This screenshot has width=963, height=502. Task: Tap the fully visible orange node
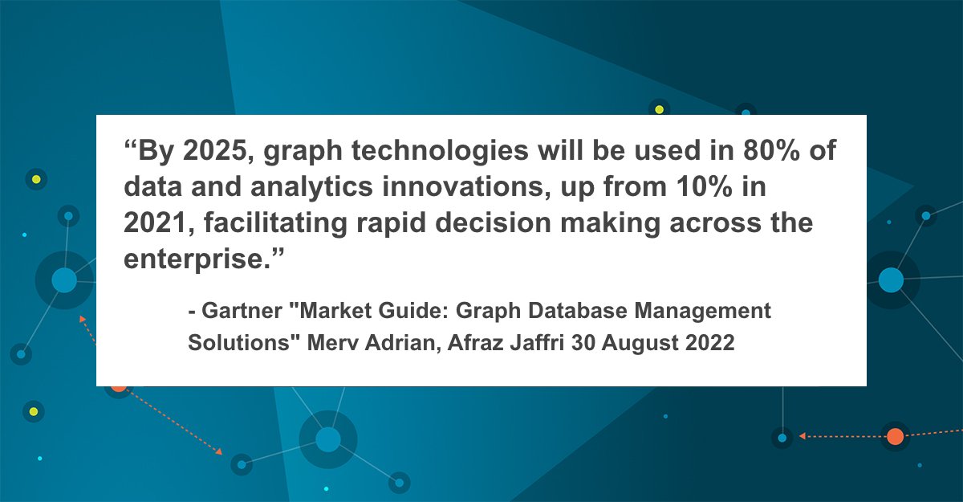point(895,437)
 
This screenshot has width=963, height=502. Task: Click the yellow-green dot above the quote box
point(659,109)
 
